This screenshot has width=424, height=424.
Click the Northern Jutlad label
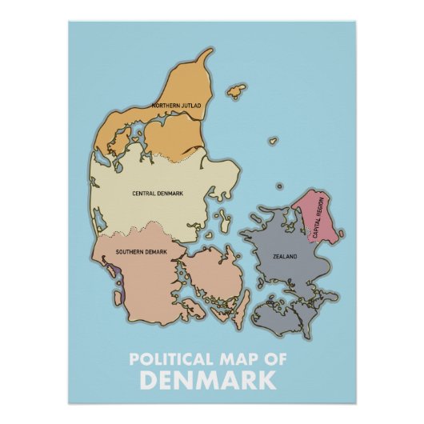click(175, 106)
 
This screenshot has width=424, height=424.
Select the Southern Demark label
click(141, 253)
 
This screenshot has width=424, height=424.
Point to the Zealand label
click(285, 256)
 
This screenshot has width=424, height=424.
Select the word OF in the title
click(275, 359)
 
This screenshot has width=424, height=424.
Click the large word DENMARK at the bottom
click(212, 378)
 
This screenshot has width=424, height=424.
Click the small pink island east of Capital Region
click(341, 234)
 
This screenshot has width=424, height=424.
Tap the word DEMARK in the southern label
click(156, 253)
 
